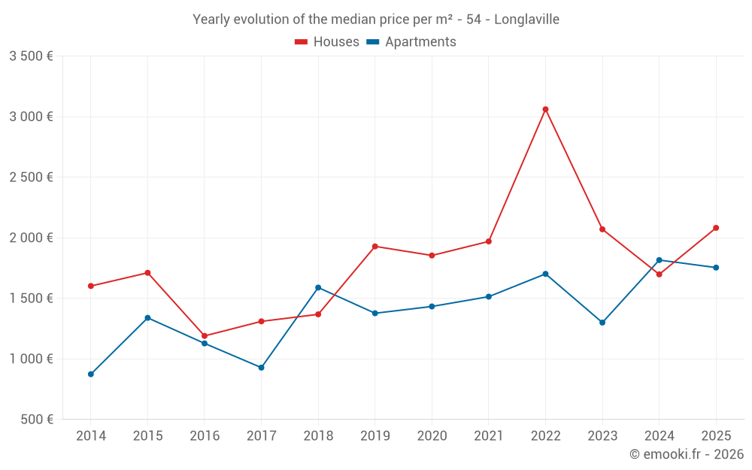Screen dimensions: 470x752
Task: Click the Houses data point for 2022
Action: click(545, 109)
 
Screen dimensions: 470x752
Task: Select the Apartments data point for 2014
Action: click(91, 374)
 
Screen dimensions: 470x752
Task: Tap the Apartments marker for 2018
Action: click(318, 287)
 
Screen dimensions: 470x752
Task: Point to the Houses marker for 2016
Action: click(205, 336)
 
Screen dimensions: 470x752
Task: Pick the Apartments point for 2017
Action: click(261, 367)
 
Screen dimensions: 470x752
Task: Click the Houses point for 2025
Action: click(716, 228)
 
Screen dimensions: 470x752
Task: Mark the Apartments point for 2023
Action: click(602, 323)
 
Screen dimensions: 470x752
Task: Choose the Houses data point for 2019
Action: click(374, 246)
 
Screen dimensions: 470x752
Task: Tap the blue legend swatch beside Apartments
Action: click(372, 42)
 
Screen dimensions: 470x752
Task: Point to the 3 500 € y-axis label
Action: click(31, 56)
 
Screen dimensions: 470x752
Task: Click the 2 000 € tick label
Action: click(31, 238)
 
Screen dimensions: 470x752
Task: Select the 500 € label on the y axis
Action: click(36, 420)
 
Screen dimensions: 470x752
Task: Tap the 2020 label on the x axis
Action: click(432, 436)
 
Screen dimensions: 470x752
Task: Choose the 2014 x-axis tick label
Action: click(91, 436)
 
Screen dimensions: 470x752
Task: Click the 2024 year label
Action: click(659, 436)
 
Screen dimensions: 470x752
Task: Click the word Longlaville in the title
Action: click(526, 20)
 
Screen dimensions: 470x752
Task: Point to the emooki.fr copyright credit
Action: click(686, 454)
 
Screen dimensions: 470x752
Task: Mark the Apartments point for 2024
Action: click(659, 260)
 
